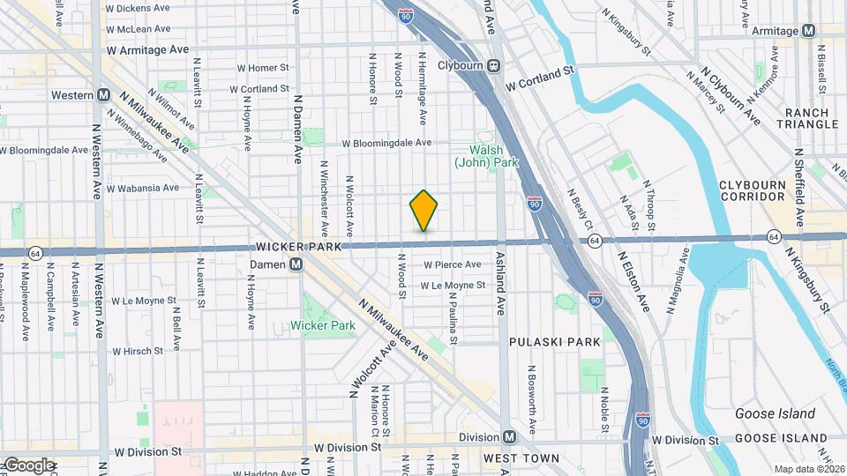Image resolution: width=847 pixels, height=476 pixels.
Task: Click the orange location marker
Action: [x=424, y=210]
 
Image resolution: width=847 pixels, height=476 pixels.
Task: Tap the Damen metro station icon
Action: [x=297, y=264]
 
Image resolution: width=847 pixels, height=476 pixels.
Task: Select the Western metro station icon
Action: [x=103, y=95]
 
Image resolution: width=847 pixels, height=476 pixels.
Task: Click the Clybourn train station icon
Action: [x=494, y=64]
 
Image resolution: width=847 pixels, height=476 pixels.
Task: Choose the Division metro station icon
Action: [x=509, y=437]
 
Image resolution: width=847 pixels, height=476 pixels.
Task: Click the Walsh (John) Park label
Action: [x=486, y=156]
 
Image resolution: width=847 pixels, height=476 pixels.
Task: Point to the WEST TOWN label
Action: [x=521, y=458]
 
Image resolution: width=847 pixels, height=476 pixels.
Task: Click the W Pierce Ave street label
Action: [x=452, y=264]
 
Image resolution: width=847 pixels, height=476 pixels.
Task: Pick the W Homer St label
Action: [x=263, y=67]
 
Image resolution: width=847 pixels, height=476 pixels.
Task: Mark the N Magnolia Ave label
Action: [x=678, y=281]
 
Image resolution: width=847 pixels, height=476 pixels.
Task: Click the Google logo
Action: [x=29, y=465]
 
